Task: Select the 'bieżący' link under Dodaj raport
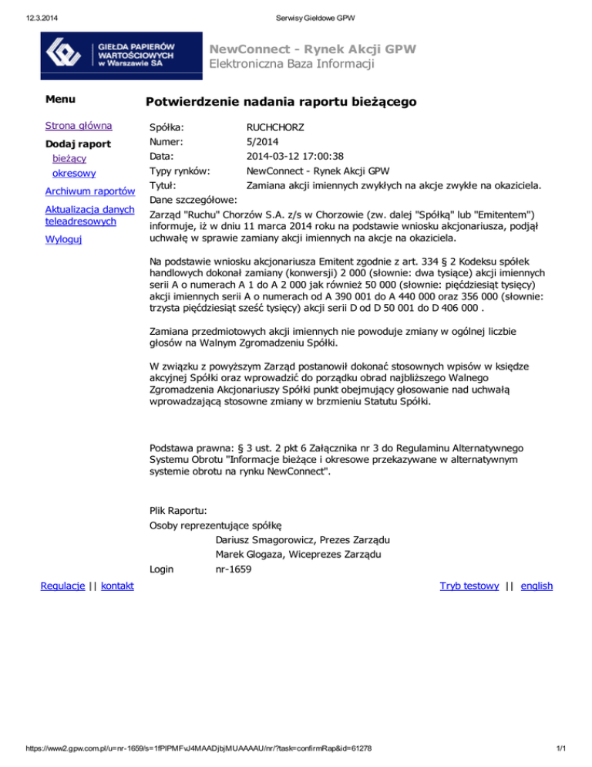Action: coord(69,159)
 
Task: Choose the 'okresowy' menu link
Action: coord(74,174)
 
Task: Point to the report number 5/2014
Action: coord(264,141)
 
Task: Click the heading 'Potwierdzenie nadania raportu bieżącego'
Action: coord(281,102)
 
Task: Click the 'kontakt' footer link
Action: coord(117,586)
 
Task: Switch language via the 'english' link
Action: coord(536,586)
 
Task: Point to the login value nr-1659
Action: coord(234,569)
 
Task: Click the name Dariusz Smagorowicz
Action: coord(267,539)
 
